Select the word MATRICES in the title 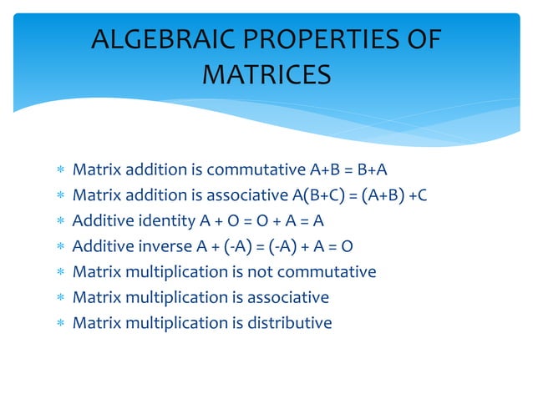pyautogui.click(x=266, y=76)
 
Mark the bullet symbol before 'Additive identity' pyautogui.click(x=58, y=223)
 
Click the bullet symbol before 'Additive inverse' pyautogui.click(x=58, y=248)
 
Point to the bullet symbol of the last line pyautogui.click(x=58, y=323)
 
